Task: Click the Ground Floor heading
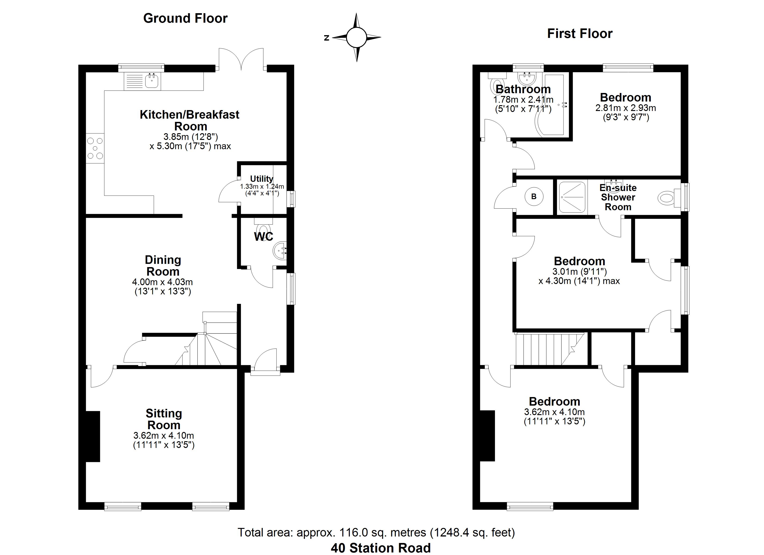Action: tap(185, 18)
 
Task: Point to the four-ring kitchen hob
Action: tap(95, 148)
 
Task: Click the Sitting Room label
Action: tap(164, 419)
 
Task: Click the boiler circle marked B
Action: tap(534, 197)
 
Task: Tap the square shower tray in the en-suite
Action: tap(572, 197)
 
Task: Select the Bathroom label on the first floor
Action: tap(523, 89)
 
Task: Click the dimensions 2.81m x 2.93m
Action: tap(626, 108)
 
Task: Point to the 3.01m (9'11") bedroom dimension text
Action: tap(579, 271)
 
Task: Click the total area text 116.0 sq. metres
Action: tap(376, 532)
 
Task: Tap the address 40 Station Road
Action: tap(381, 548)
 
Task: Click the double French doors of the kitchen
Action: tap(241, 60)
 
